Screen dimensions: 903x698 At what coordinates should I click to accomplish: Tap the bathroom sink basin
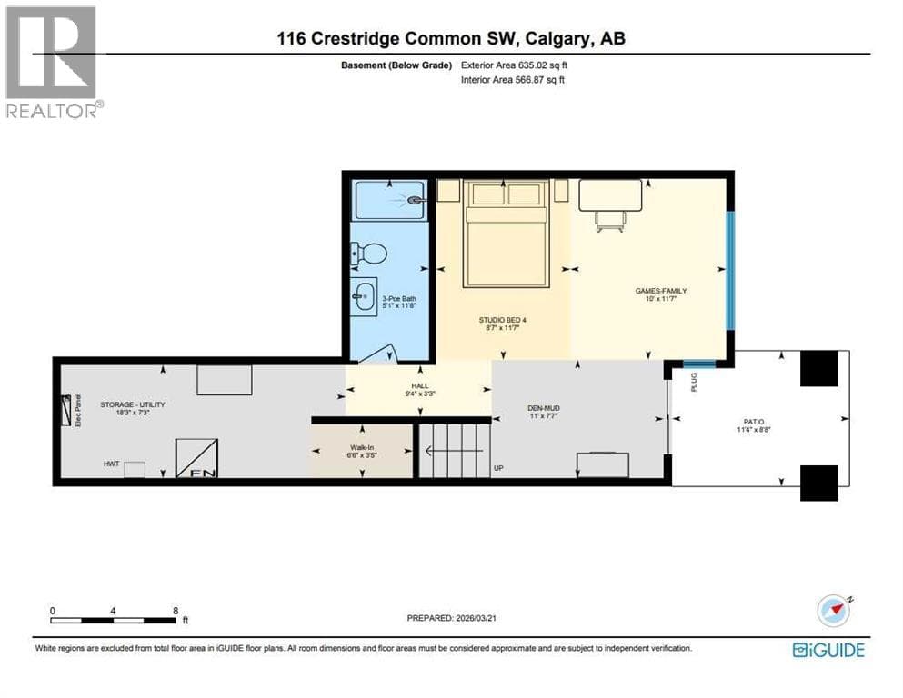pyautogui.click(x=365, y=297)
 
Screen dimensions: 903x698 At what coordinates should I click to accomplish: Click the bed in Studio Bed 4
pyautogui.click(x=506, y=233)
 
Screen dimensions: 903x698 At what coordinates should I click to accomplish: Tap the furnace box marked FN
pyautogui.click(x=196, y=458)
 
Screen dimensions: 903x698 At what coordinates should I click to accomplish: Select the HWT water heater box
pyautogui.click(x=135, y=470)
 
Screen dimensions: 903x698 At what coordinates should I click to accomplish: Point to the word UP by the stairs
pyautogui.click(x=498, y=468)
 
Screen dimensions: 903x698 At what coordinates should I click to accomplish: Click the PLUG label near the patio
pyautogui.click(x=694, y=382)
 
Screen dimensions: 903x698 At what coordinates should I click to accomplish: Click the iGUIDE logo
pyautogui.click(x=828, y=650)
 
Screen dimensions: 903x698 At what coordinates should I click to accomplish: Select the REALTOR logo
pyautogui.click(x=53, y=62)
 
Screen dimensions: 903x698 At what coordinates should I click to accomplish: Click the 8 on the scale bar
pyautogui.click(x=176, y=611)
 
